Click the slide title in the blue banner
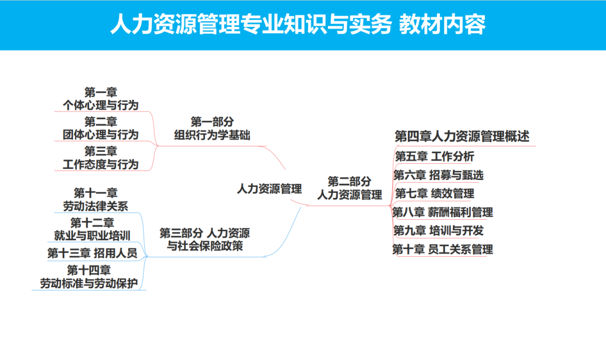[297, 25]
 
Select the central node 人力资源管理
[269, 189]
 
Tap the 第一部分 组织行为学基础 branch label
[212, 128]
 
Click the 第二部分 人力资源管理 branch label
[350, 188]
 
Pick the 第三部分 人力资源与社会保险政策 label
[205, 239]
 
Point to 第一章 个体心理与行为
[101, 99]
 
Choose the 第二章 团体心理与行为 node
[101, 128]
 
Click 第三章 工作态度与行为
[101, 158]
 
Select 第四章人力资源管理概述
[462, 136]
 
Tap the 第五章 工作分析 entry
[435, 156]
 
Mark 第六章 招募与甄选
[439, 176]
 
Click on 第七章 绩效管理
[435, 194]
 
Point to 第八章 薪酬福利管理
[443, 213]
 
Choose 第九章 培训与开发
[439, 230]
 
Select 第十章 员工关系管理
[443, 250]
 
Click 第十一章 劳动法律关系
[95, 200]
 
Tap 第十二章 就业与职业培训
[93, 229]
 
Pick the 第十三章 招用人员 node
[92, 253]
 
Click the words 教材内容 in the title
[442, 25]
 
